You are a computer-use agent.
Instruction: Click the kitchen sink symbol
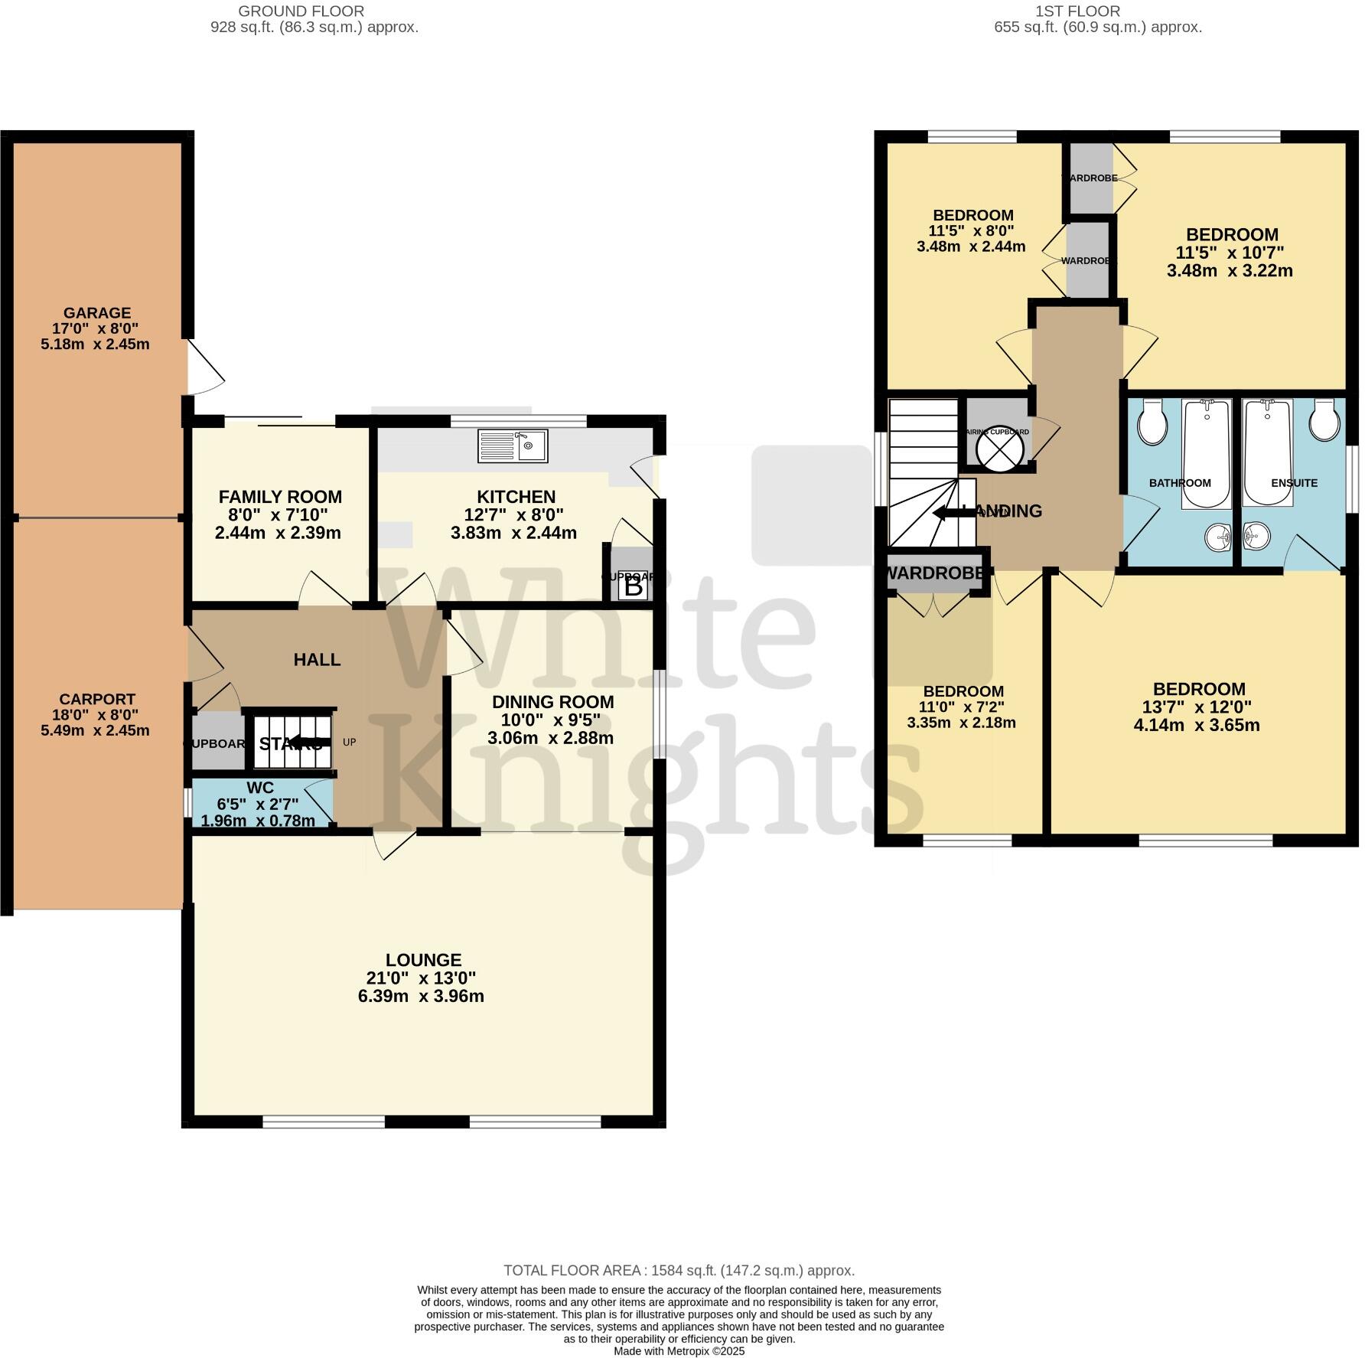[513, 446]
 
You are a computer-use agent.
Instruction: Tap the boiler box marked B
[634, 587]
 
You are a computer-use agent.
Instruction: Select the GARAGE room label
[96, 312]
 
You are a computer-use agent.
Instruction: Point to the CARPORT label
[96, 699]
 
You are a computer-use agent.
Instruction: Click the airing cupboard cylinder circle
[999, 449]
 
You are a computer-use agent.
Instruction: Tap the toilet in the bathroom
[1152, 423]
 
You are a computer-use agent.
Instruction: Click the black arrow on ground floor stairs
[309, 742]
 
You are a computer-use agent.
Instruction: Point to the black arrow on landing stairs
[953, 513]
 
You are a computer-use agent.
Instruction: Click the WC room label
[260, 788]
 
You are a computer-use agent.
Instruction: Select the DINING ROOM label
[552, 702]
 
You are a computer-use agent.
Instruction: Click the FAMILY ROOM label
[280, 496]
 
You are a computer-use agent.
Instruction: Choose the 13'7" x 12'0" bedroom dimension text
[1197, 707]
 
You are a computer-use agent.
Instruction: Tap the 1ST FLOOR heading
[1077, 11]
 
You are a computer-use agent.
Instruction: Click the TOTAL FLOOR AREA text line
[679, 1270]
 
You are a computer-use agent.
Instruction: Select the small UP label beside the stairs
[350, 742]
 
